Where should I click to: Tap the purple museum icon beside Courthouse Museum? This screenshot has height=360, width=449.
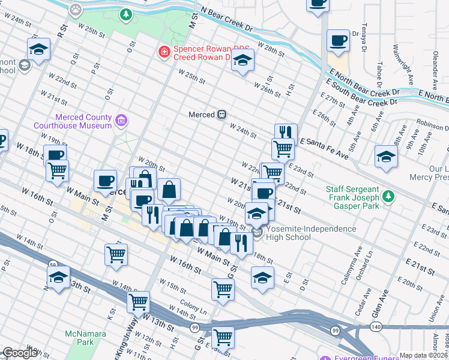pyautogui.click(x=121, y=121)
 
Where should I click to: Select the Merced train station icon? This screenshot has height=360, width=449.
pyautogui.click(x=221, y=114)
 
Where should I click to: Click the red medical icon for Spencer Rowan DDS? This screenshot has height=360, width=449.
pyautogui.click(x=163, y=53)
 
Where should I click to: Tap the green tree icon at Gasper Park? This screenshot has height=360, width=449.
pyautogui.click(x=389, y=196)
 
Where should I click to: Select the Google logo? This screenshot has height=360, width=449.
pyautogui.click(x=20, y=353)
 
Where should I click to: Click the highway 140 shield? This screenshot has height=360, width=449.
pyautogui.click(x=375, y=326)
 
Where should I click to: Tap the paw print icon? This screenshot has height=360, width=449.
pyautogui.click(x=75, y=9)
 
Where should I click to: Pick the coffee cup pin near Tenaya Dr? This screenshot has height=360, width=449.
pyautogui.click(x=338, y=41)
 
